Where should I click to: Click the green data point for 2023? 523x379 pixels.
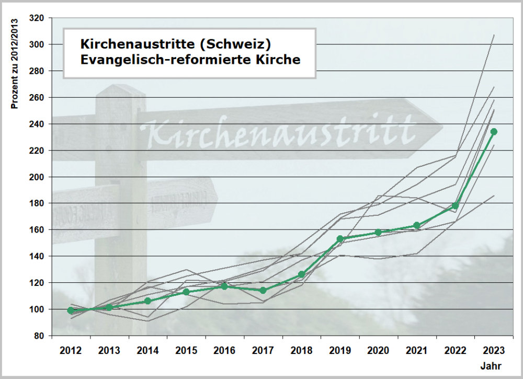[494, 132]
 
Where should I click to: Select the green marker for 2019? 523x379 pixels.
[340, 239]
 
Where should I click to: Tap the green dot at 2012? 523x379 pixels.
[71, 311]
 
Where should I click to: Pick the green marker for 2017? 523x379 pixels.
[263, 291]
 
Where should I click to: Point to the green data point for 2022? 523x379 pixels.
[455, 206]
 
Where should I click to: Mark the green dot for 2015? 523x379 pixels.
[186, 292]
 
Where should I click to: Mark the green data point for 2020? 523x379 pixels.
[378, 233]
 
